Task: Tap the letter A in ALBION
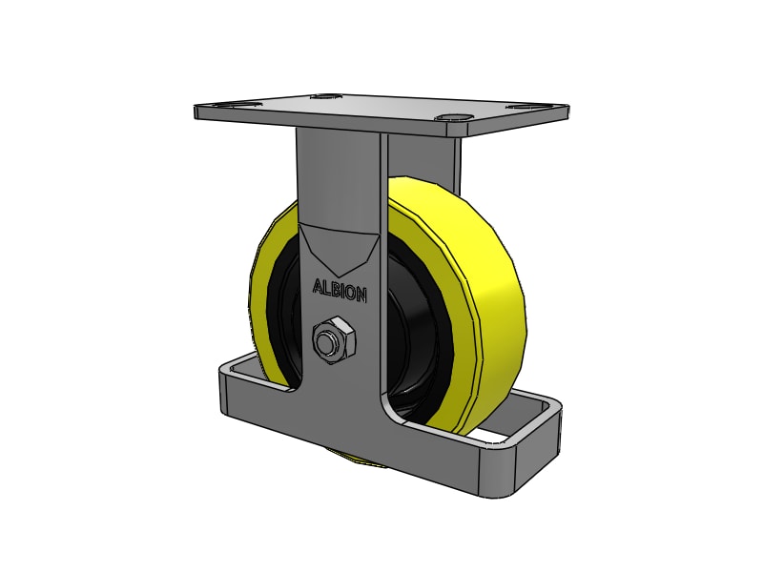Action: tap(319, 285)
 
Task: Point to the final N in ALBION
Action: tap(361, 296)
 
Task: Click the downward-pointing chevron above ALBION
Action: tap(339, 250)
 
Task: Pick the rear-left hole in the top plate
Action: tap(327, 95)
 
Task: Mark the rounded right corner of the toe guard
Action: tap(547, 419)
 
